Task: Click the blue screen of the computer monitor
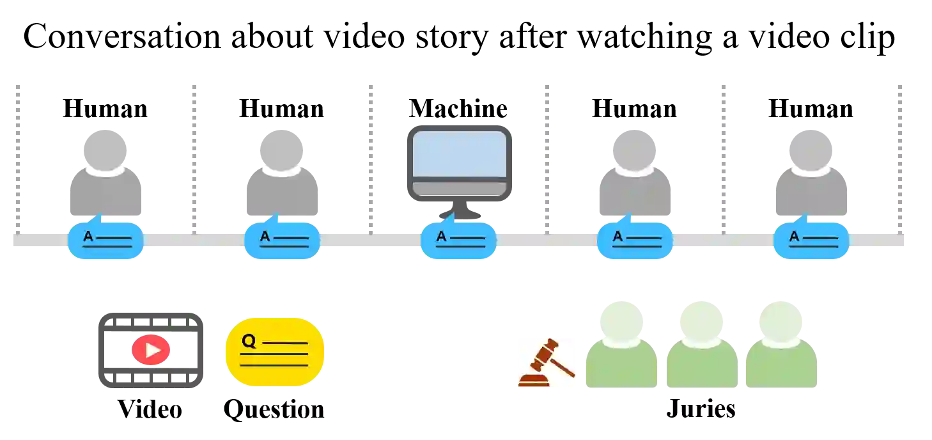click(459, 154)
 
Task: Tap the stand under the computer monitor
click(458, 212)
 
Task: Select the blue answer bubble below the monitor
click(458, 240)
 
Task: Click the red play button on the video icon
click(151, 350)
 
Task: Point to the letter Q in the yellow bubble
click(249, 341)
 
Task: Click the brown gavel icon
click(547, 363)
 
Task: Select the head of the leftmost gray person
click(105, 146)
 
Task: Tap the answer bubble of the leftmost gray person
click(105, 240)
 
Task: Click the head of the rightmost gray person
click(810, 146)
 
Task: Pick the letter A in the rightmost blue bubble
click(794, 237)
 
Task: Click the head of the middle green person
click(702, 318)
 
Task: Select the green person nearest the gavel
click(621, 349)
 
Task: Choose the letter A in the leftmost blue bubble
click(88, 237)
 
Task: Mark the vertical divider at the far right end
click(899, 157)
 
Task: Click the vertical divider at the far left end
click(18, 157)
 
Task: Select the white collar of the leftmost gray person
click(105, 170)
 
